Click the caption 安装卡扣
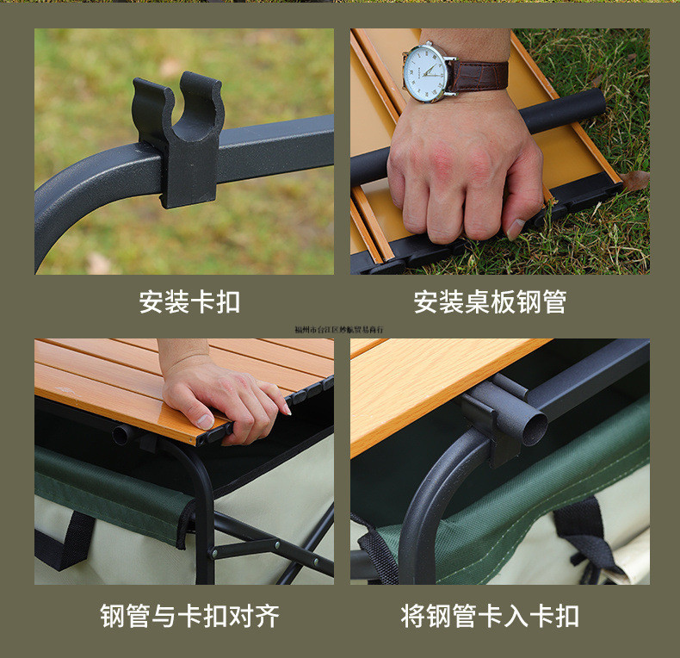[x=189, y=301]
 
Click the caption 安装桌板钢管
[x=490, y=301]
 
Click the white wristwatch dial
[x=428, y=71]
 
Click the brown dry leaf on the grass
[x=635, y=180]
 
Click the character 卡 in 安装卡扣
[x=202, y=301]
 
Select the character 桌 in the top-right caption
[x=477, y=301]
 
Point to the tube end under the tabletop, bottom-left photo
[x=120, y=435]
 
